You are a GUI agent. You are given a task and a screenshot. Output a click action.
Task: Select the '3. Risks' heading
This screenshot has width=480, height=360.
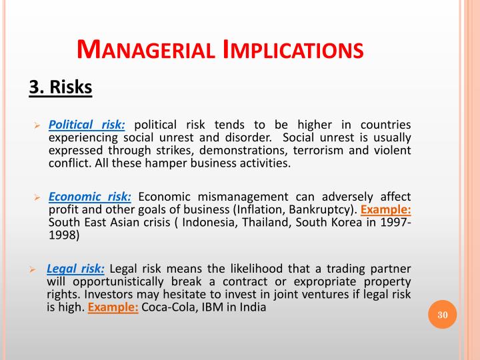point(59,87)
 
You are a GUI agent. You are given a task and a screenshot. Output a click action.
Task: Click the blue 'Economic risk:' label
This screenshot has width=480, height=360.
point(90,197)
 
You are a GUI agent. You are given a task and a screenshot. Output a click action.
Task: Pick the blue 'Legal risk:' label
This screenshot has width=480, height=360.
point(75,269)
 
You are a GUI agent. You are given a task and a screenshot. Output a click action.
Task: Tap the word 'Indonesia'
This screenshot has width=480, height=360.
point(209,223)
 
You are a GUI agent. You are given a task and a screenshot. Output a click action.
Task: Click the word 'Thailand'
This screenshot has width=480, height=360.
point(264,223)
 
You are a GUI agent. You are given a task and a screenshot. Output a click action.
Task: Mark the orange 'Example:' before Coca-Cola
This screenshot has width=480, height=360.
point(113,307)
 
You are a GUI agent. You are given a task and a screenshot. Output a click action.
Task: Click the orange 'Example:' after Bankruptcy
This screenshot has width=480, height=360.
point(386,210)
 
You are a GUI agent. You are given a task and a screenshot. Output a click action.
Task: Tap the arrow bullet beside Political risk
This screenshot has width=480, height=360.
point(38,125)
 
